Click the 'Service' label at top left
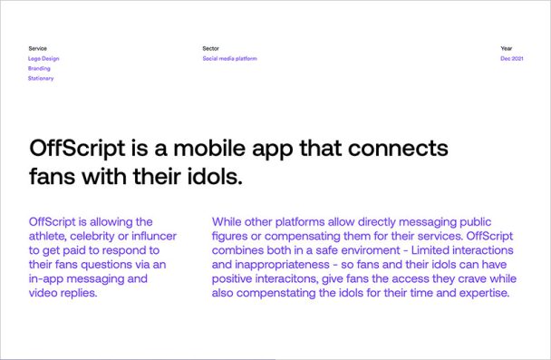37,48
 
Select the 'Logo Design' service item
43,58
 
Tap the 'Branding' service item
39,68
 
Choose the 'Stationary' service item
41,78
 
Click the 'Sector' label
211,48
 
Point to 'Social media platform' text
230,58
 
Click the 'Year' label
507,48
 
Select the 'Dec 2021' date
512,58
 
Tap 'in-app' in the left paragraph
48,279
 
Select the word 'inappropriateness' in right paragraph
282,265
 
